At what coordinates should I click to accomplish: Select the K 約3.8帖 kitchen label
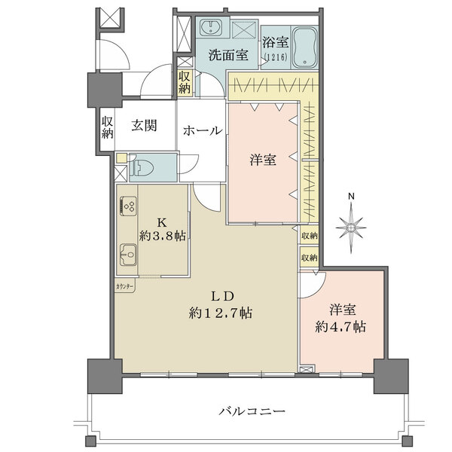coord(161,229)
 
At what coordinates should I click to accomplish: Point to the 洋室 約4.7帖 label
coord(341,318)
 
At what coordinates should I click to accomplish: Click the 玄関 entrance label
coord(144,126)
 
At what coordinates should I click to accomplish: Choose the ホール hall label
coord(202,130)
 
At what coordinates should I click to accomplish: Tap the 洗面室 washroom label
coord(228,54)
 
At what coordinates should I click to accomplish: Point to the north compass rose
coord(350,225)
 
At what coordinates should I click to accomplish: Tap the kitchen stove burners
coord(128,206)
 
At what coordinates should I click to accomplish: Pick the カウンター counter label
coord(126,287)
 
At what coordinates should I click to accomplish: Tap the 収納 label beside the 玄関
coord(107,127)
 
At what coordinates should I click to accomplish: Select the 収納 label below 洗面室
coord(185,81)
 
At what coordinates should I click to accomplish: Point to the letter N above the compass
coord(350,198)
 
